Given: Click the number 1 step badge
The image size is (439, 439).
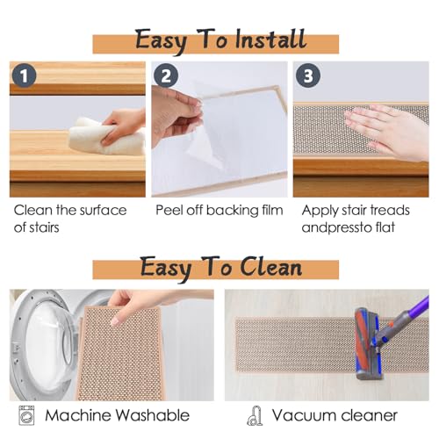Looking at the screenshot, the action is click(25, 76).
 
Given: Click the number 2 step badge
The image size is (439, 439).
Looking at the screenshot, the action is click(166, 76).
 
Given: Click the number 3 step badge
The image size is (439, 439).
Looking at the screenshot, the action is click(308, 76).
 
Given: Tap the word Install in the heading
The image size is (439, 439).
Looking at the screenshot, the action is click(270, 40).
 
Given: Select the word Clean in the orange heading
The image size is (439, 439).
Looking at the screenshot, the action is click(270, 267).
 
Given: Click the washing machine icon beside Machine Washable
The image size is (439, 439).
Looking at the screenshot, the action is click(26, 415).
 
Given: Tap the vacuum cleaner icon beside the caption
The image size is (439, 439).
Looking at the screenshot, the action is click(255, 415).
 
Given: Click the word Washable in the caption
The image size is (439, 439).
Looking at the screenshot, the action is click(152, 415).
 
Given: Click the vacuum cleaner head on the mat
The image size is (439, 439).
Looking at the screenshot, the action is click(367, 344).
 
